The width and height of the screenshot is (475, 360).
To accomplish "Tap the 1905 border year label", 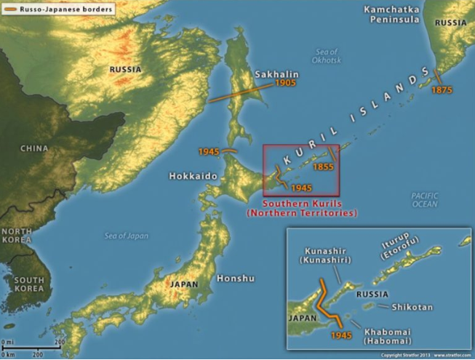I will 286,84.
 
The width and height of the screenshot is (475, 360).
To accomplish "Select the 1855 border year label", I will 324,167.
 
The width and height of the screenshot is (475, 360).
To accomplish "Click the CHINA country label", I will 34,148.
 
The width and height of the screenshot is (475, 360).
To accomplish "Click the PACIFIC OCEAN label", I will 425,200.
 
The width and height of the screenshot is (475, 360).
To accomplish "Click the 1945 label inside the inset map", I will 341,335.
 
